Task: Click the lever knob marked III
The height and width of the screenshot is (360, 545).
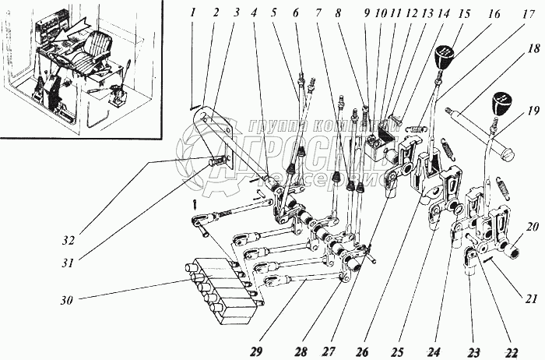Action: (443, 56)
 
